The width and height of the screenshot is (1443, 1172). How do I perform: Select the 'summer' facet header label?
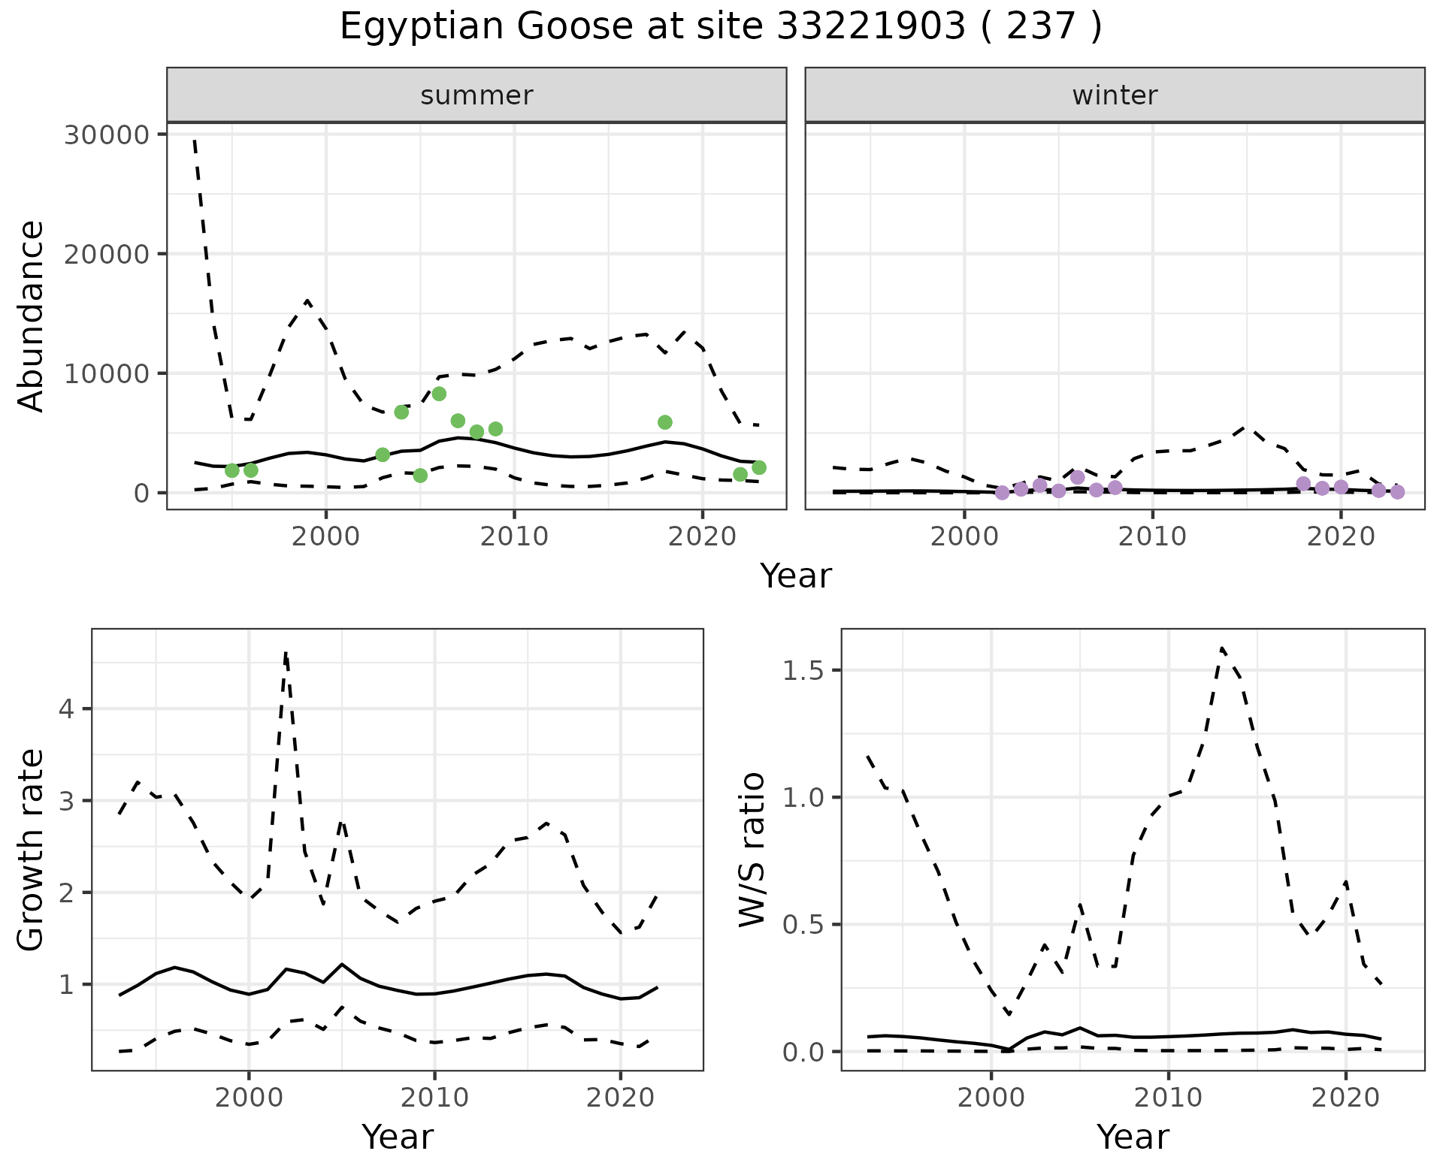coord(476,95)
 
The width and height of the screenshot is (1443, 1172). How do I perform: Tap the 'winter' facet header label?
coord(1115,95)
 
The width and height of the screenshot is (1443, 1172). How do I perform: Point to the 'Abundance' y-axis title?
coord(32,316)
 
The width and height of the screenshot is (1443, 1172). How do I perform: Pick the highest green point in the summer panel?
coord(439,394)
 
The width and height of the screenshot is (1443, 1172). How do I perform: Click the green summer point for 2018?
coord(664,422)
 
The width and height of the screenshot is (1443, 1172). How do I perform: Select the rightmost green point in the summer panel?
coord(759,467)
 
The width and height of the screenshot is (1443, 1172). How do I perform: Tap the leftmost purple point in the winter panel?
coord(1002,493)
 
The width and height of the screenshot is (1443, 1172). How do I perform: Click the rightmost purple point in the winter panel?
coord(1397,492)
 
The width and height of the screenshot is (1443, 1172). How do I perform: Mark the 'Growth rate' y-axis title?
coord(32,850)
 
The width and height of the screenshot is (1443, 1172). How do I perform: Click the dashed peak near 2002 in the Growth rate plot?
coord(286,654)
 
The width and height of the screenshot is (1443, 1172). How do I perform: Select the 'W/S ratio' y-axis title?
coord(752,850)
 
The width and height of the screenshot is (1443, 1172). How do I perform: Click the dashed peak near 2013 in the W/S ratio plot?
coord(1222,648)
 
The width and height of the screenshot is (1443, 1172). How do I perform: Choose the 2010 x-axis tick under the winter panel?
coord(1152,536)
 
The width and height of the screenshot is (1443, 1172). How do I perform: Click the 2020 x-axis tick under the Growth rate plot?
coord(620,1098)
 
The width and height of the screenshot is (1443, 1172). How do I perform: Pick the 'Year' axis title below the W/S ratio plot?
coord(1133,1137)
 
